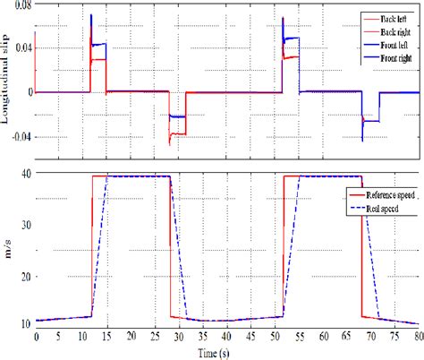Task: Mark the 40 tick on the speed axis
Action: [x=25, y=174]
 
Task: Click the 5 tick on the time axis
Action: [x=60, y=336]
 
